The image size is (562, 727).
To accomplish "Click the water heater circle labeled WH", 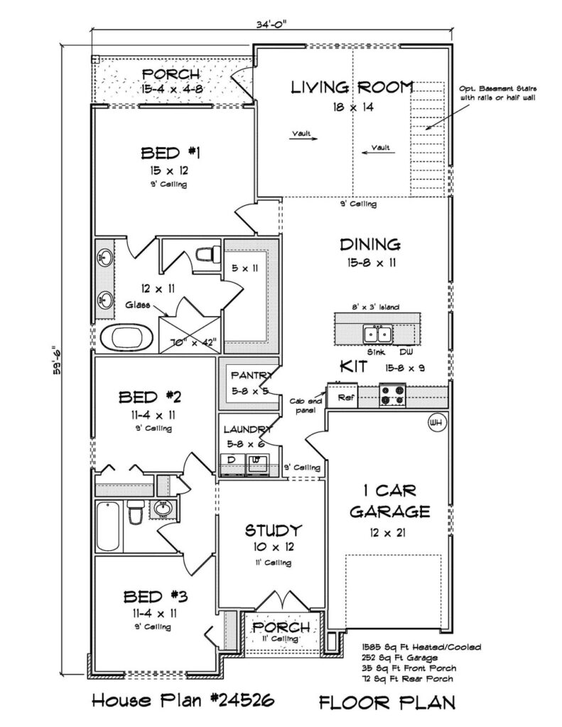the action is tap(436, 422).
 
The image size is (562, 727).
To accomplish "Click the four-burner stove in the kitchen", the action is tap(393, 395).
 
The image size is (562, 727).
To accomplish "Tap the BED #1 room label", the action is tap(171, 153).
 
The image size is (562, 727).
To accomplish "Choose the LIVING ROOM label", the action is tap(352, 87).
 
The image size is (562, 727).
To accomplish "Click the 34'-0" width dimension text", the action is tap(272, 25).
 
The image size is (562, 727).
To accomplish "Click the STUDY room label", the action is tap(274, 530).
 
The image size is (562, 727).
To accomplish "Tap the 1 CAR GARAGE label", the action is tap(389, 501).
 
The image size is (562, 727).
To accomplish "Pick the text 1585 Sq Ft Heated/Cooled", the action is tap(421, 647).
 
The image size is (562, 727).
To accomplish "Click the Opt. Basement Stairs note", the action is tap(498, 93).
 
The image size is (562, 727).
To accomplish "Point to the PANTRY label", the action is tap(251, 375).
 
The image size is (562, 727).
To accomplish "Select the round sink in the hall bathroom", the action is tap(163, 509).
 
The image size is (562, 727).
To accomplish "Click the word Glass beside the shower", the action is tap(137, 305).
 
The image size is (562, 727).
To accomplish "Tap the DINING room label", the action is tap(370, 244).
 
